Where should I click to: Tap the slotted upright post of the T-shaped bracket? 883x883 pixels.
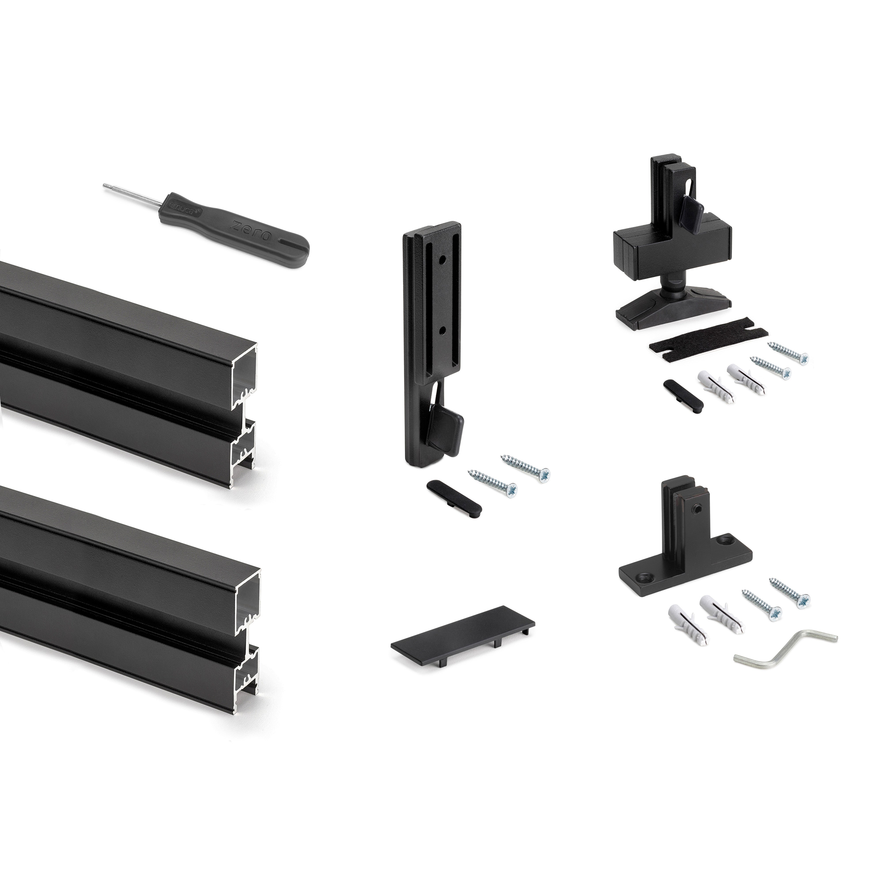click(681, 507)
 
